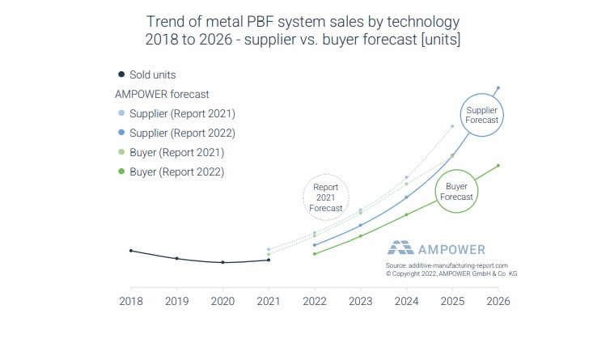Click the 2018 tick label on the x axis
[x=131, y=301]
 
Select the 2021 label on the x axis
[x=269, y=301]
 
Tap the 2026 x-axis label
[x=498, y=301]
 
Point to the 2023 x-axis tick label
[x=360, y=301]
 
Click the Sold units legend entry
[x=146, y=74]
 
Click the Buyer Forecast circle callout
[x=456, y=191]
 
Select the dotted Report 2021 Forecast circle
[x=325, y=197]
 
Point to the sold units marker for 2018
[x=131, y=251]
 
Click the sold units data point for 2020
[x=222, y=263]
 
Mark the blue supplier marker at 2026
[x=498, y=87]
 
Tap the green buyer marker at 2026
[x=498, y=166]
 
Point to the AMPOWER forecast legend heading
[x=163, y=94]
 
